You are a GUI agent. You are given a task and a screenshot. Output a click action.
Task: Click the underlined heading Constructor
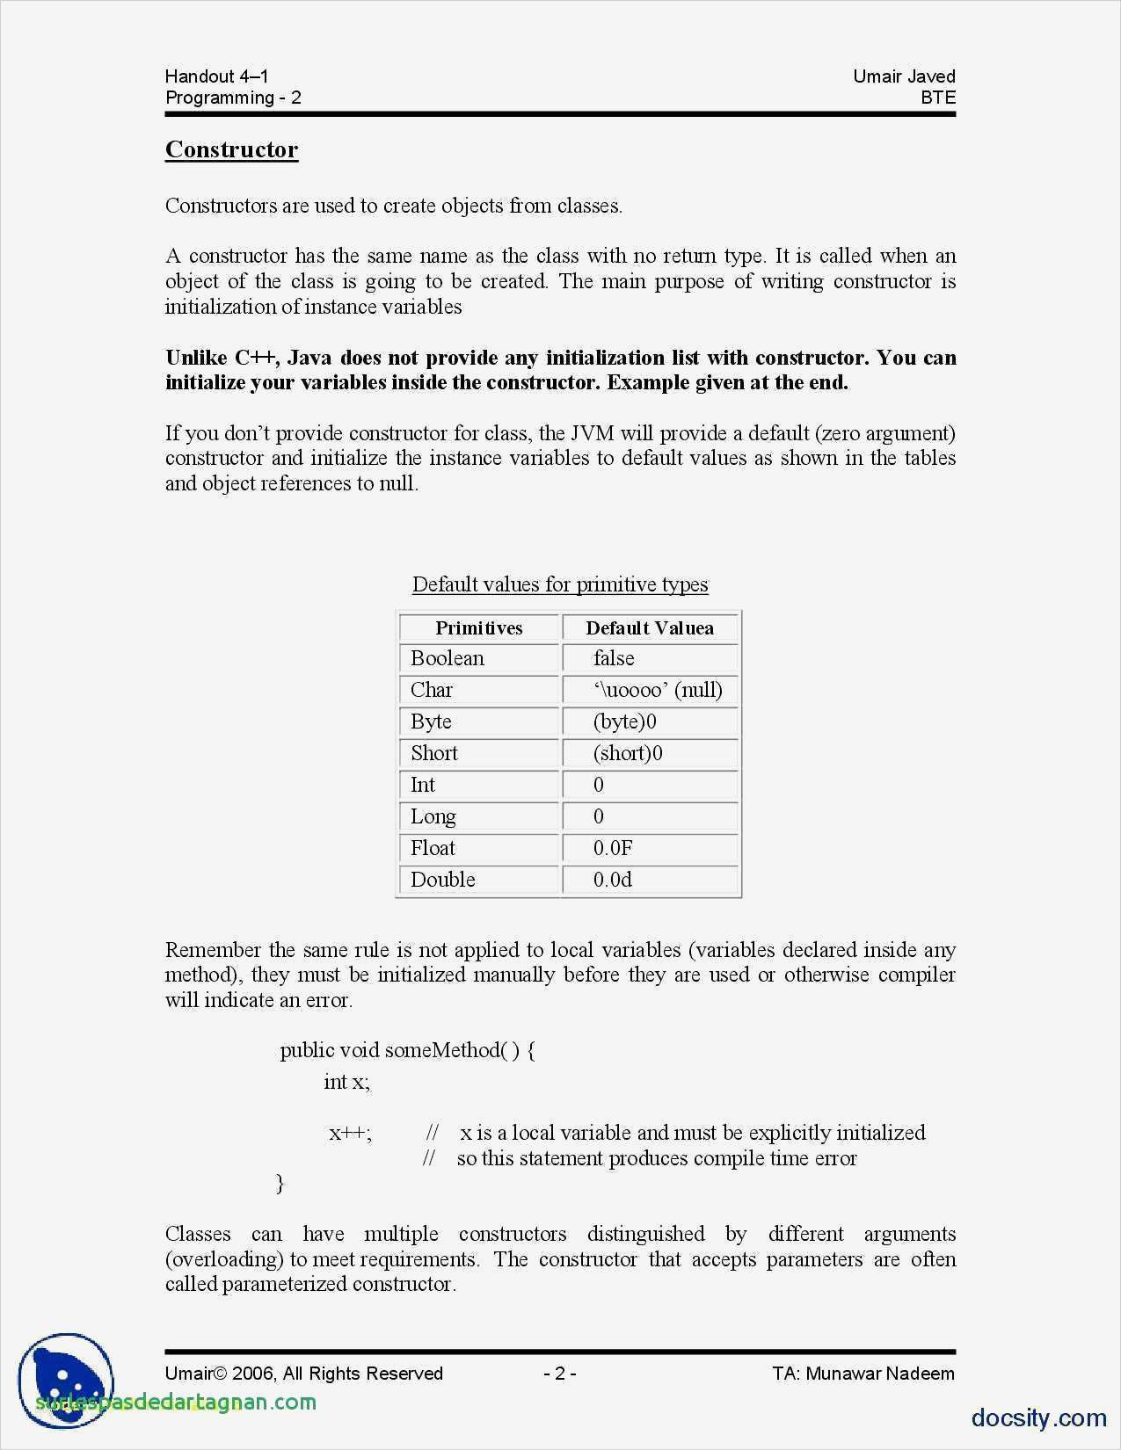pyautogui.click(x=231, y=149)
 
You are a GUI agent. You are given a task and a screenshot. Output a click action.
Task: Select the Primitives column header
pyautogui.click(x=478, y=627)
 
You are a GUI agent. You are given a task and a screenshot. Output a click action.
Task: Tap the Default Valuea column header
pyautogui.click(x=650, y=627)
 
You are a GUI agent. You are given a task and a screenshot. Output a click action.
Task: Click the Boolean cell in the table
pyautogui.click(x=448, y=658)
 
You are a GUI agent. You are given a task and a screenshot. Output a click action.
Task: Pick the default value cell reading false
pyautogui.click(x=614, y=658)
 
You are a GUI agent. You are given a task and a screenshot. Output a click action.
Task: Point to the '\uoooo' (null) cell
pyautogui.click(x=658, y=690)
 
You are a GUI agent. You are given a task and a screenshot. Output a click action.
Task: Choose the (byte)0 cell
pyautogui.click(x=625, y=721)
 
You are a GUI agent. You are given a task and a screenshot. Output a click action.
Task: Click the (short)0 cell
pyautogui.click(x=628, y=753)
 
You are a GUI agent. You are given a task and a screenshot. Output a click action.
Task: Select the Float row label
pyautogui.click(x=433, y=848)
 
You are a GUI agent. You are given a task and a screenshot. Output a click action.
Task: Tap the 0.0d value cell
pyautogui.click(x=613, y=880)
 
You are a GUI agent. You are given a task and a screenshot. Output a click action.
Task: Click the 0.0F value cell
pyautogui.click(x=613, y=848)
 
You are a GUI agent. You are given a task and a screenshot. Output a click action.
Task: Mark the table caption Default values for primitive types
pyautogui.click(x=560, y=584)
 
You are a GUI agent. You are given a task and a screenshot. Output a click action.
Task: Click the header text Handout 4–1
pyautogui.click(x=216, y=76)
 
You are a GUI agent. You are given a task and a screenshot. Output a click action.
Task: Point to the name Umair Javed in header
pyautogui.click(x=904, y=76)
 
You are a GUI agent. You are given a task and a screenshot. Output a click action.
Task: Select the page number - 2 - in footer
pyautogui.click(x=559, y=1374)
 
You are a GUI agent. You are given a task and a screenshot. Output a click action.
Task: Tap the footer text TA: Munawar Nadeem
pyautogui.click(x=863, y=1374)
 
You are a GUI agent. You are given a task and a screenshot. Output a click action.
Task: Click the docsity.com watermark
pyautogui.click(x=1038, y=1417)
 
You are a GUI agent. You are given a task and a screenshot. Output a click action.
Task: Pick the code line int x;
pyautogui.click(x=346, y=1082)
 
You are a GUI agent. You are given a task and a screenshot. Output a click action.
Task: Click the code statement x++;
pyautogui.click(x=350, y=1133)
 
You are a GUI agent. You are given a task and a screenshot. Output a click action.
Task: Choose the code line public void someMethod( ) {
pyautogui.click(x=407, y=1050)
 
